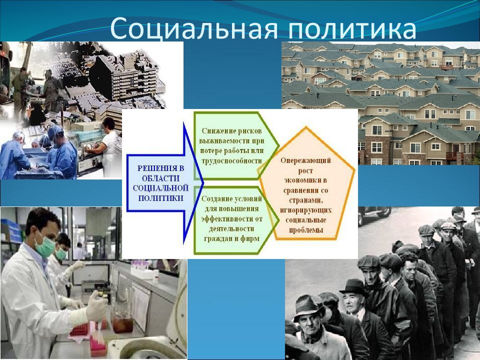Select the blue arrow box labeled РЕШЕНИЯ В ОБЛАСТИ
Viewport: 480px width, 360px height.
(x=165, y=183)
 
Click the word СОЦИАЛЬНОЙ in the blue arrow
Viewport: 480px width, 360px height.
(x=160, y=187)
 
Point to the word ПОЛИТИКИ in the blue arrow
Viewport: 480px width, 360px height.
(x=160, y=198)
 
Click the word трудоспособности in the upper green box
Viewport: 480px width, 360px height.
(x=231, y=160)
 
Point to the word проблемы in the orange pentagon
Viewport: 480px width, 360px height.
(x=306, y=230)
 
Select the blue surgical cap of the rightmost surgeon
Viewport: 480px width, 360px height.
(x=55, y=132)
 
